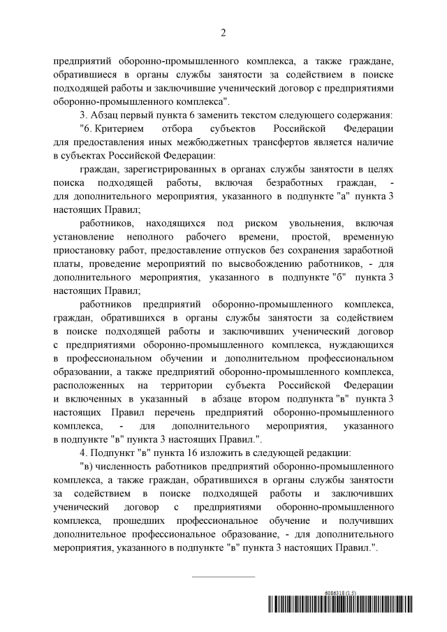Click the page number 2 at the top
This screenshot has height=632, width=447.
click(x=223, y=31)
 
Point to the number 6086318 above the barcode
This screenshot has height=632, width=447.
click(x=337, y=593)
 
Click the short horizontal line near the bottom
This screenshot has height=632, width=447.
click(x=223, y=576)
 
